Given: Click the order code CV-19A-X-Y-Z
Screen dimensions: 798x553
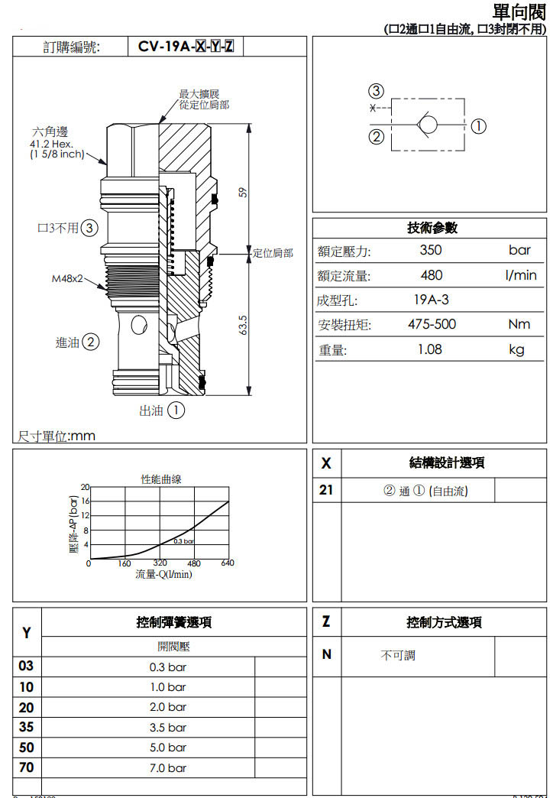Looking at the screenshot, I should tap(186, 47).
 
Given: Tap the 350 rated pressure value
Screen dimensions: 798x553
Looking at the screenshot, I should tap(431, 251).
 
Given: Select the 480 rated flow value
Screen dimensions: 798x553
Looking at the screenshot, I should tap(431, 275).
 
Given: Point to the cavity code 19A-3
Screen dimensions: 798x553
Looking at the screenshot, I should tap(431, 300).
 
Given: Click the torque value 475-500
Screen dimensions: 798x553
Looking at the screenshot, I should tap(432, 324).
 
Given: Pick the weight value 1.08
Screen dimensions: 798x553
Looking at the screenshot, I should tap(431, 349).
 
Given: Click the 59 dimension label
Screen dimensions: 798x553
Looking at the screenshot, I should tap(244, 192).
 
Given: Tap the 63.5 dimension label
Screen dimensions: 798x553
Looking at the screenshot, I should tap(244, 326).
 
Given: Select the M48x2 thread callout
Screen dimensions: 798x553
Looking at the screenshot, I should tap(66, 278).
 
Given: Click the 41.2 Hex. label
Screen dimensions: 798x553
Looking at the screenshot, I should tap(50, 144).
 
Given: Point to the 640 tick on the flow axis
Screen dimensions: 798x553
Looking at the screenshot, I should tap(228, 564).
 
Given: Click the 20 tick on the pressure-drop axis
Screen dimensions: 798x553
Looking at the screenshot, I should tap(86, 487).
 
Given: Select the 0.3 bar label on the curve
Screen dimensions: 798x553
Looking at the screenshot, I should tap(183, 541).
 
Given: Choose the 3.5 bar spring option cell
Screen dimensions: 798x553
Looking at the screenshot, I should tap(167, 727).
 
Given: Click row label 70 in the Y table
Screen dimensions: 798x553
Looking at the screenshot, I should tap(27, 767).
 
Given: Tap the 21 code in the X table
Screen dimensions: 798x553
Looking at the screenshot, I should tap(326, 490).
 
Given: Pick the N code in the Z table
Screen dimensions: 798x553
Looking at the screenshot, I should tap(326, 654).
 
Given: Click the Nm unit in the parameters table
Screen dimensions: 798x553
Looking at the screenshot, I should tap(519, 324).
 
